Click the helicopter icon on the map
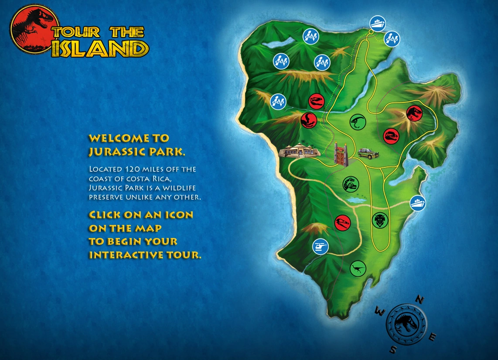click(320, 247)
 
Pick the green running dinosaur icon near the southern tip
click(358, 268)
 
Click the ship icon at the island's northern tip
click(377, 23)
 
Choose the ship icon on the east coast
click(418, 203)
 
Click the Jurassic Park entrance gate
click(341, 154)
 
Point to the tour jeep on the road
click(368, 153)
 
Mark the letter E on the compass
click(433, 337)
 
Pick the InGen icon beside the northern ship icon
click(392, 39)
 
